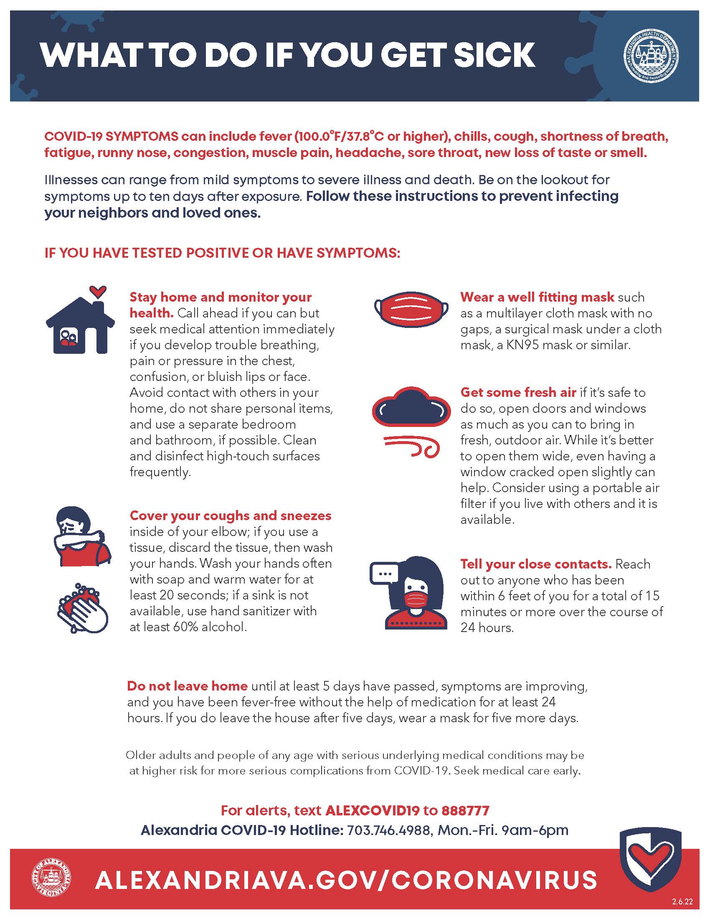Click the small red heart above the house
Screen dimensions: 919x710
(99, 290)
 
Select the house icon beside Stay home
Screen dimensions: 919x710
(80, 325)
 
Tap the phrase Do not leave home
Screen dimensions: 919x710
(187, 686)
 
